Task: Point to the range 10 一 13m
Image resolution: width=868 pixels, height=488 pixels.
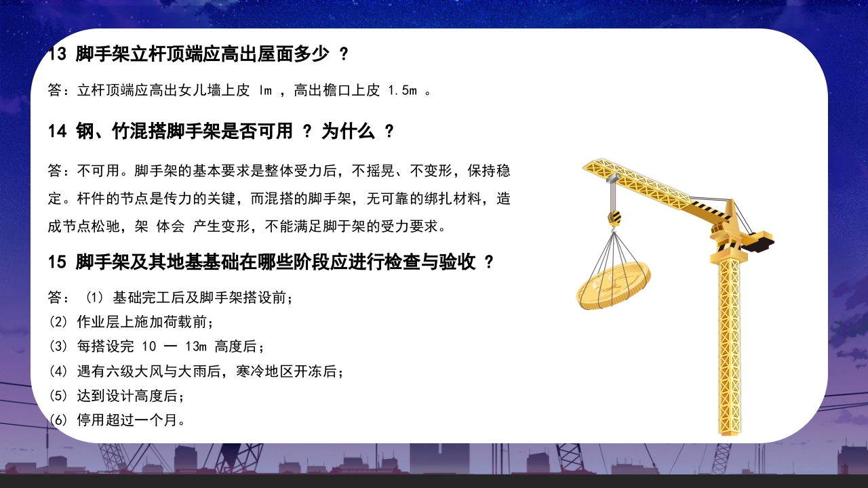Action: (x=174, y=347)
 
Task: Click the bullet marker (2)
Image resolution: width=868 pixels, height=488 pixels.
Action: (x=58, y=322)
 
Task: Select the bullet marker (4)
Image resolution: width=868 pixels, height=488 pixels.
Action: (x=58, y=371)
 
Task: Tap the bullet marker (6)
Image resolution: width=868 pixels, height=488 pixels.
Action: (x=58, y=420)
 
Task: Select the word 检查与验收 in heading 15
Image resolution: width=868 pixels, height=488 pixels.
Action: (x=435, y=262)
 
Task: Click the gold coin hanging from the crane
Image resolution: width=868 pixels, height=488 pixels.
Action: (x=613, y=285)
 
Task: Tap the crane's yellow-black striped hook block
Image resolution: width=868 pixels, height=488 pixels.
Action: (x=614, y=218)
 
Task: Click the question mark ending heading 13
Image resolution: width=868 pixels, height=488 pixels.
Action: (x=343, y=55)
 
